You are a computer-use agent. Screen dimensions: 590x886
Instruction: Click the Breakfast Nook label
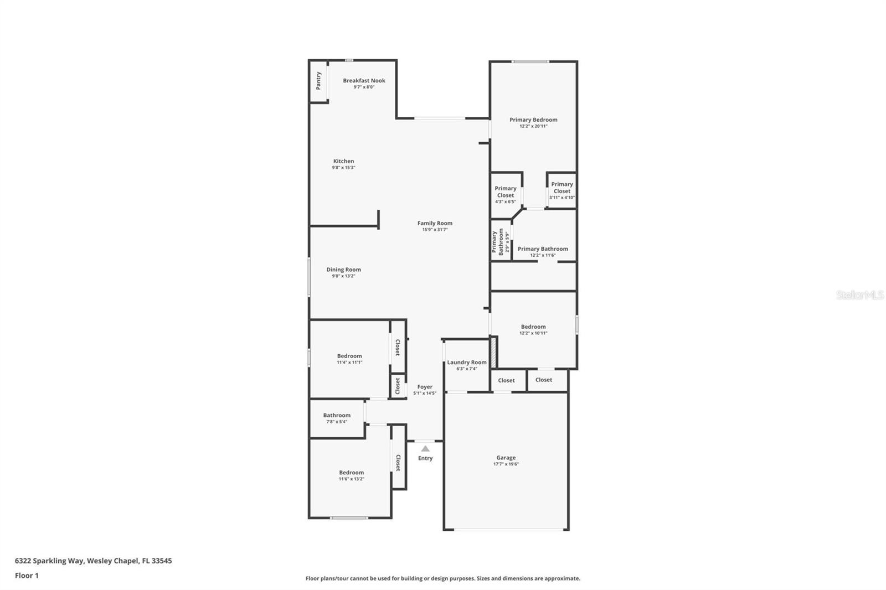point(364,81)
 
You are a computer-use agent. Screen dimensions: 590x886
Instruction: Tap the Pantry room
point(318,81)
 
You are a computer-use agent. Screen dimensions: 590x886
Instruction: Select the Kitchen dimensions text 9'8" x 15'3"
point(343,168)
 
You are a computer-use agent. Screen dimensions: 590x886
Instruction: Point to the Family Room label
point(435,224)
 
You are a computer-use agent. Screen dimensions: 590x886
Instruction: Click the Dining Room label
point(343,270)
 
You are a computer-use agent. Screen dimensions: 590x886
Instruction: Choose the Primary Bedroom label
point(533,120)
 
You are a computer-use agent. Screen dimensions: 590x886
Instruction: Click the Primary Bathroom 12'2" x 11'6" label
point(543,249)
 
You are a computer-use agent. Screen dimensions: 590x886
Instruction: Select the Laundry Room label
point(467,363)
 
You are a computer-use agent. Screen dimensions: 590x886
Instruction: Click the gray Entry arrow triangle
point(425,449)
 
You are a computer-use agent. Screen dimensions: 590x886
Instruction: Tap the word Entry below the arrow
point(425,458)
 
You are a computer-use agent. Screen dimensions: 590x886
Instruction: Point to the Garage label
point(506,458)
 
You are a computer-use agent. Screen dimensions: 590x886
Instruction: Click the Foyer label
point(425,387)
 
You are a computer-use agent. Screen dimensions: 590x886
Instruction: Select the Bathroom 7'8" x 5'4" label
point(337,416)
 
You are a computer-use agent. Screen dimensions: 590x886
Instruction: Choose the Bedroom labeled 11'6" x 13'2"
point(351,473)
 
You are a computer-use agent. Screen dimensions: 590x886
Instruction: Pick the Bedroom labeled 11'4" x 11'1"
point(349,356)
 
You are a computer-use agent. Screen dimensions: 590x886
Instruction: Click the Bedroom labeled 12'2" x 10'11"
point(533,327)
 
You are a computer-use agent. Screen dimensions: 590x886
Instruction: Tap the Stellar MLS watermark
point(859,295)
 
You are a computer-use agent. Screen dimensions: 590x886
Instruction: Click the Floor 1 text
point(27,576)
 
